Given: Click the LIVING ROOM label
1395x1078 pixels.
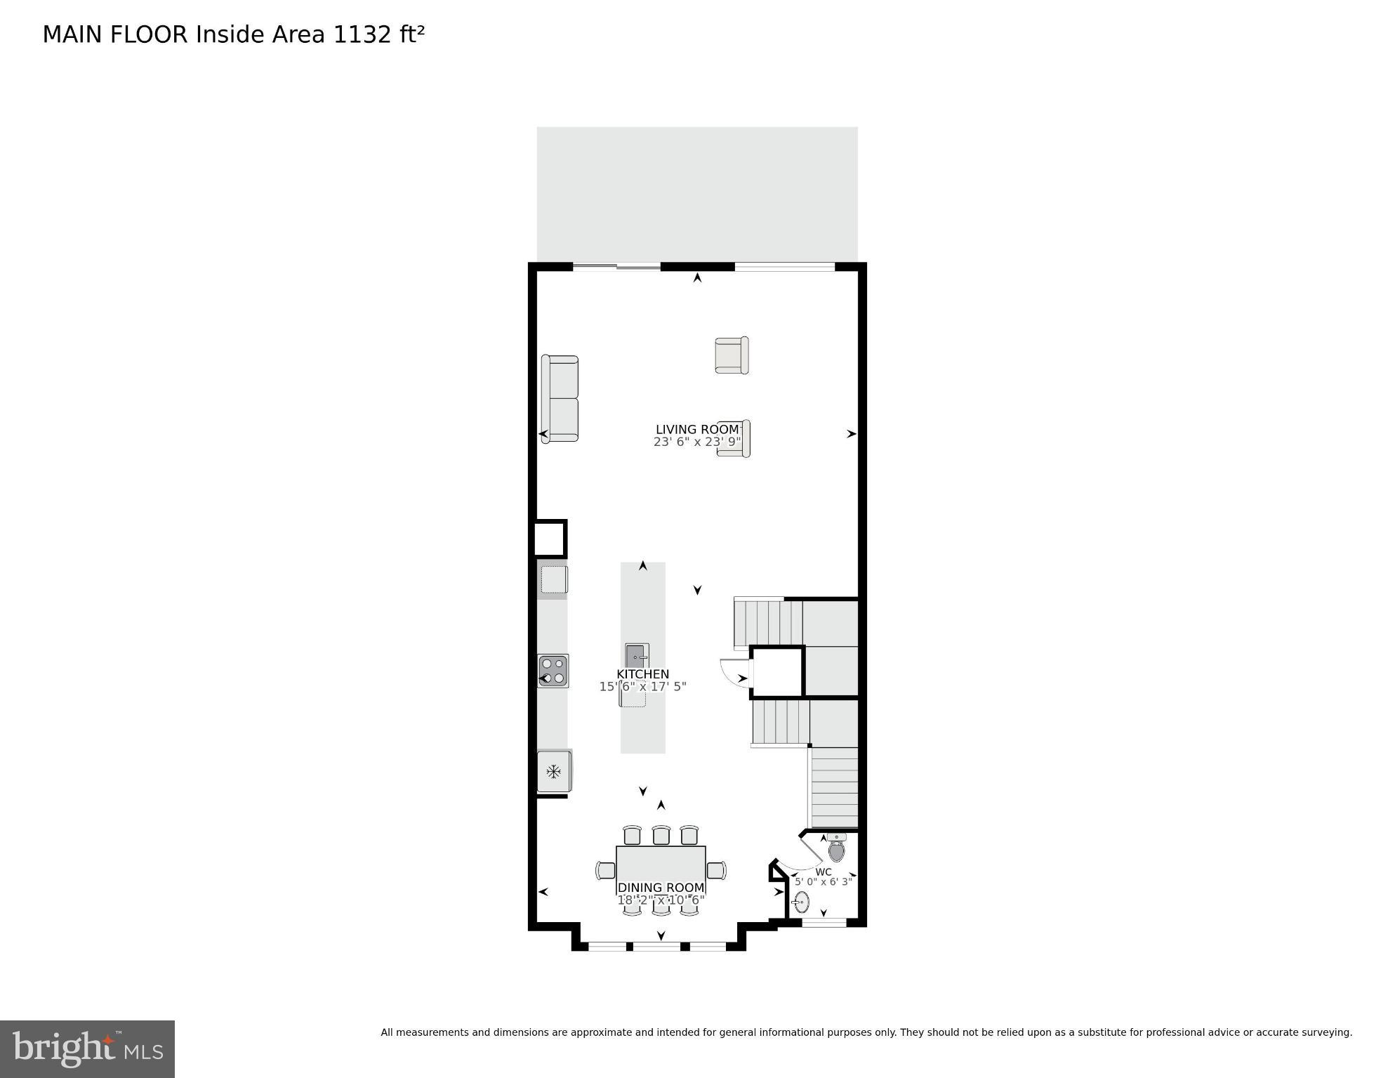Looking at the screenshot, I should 696,429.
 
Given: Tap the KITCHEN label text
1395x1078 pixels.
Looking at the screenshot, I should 642,674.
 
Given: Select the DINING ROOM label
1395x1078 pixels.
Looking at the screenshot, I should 661,888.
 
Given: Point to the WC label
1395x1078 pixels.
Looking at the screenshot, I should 824,872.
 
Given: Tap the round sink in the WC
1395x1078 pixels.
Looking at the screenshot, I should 802,902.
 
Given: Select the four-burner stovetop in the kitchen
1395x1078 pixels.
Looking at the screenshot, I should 553,671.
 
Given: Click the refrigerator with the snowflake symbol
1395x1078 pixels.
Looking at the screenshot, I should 554,772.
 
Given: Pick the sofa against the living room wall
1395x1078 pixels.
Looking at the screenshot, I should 560,399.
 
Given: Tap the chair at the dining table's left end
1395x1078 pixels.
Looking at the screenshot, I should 605,870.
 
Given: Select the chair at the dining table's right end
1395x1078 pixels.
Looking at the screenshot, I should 716,870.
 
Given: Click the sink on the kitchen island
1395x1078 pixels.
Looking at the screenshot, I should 637,656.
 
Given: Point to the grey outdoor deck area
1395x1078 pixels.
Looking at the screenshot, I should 696,193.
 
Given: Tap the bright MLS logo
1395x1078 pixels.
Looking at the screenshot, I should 88,1049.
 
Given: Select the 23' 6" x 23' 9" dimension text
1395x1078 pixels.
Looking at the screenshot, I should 696,442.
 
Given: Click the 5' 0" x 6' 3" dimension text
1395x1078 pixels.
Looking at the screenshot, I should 823,882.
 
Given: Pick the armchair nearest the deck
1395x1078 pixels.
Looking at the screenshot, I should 732,355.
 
